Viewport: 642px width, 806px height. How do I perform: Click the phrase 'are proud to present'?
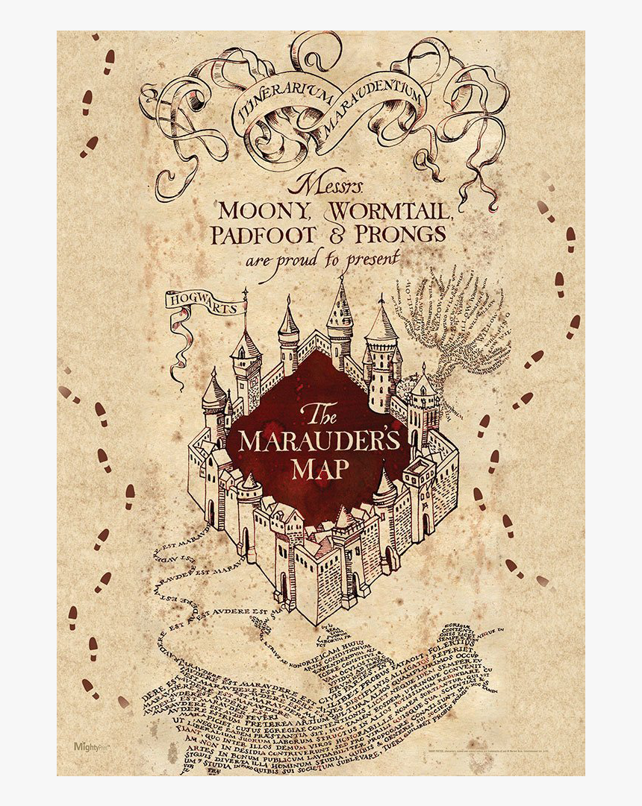[x=322, y=259]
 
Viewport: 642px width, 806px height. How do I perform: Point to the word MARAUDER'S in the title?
[x=320, y=441]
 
